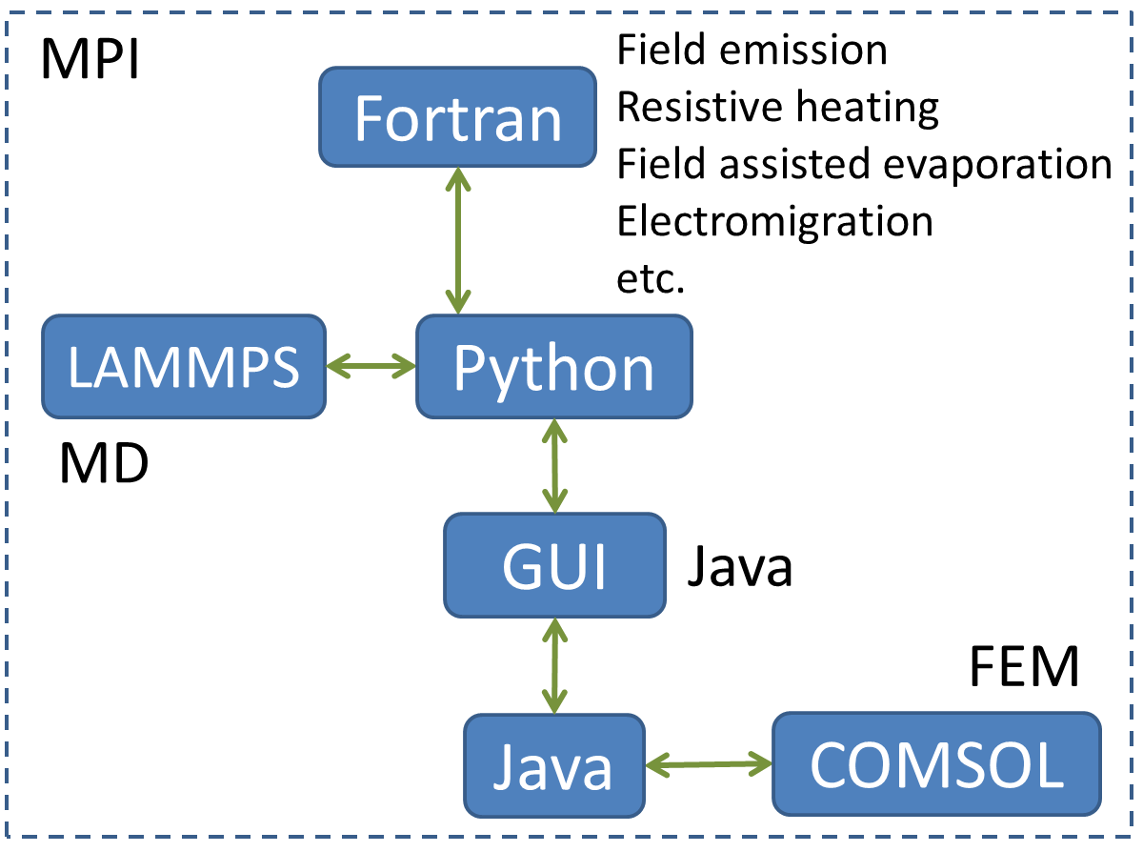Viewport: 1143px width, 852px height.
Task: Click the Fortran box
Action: (x=457, y=118)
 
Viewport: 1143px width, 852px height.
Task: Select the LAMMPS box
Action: (x=184, y=367)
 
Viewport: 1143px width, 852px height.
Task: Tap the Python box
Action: (x=553, y=367)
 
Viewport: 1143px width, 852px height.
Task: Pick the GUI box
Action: (x=554, y=565)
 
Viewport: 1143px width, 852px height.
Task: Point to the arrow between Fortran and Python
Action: (x=459, y=241)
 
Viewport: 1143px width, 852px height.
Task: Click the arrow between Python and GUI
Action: (x=554, y=466)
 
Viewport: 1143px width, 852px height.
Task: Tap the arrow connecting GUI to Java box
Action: (x=554, y=664)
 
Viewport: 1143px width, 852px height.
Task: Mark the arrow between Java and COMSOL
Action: (x=708, y=762)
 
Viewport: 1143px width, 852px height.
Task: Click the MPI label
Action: (x=90, y=63)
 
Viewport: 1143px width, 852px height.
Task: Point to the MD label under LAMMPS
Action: (x=103, y=464)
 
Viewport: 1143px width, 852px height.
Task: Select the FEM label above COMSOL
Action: (x=1024, y=667)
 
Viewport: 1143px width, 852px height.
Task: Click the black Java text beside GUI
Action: (x=740, y=567)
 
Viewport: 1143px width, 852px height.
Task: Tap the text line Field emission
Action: (x=752, y=51)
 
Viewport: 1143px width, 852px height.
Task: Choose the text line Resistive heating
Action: (x=777, y=108)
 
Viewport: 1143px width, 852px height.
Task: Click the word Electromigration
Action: (x=774, y=222)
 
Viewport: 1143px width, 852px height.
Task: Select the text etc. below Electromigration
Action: (x=651, y=279)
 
